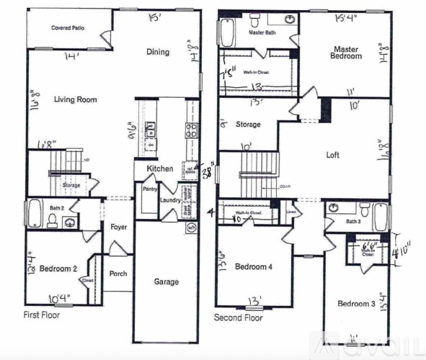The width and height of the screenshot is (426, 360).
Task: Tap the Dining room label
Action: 157,52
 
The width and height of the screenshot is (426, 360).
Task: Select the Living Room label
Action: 75,99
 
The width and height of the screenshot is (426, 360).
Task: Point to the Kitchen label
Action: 160,168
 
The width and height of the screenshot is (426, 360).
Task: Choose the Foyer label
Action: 119,228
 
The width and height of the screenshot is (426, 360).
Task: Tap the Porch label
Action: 117,274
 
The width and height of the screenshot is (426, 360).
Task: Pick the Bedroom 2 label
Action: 58,269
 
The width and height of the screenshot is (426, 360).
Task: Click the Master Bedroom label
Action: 347,53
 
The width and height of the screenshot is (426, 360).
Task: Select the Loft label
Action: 332,155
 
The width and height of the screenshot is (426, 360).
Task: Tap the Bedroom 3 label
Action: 357,304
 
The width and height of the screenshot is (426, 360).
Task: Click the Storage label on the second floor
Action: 248,125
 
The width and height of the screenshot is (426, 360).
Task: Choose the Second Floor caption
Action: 239,317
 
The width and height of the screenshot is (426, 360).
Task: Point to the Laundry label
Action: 170,200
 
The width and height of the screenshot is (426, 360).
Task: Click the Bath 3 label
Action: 352,222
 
